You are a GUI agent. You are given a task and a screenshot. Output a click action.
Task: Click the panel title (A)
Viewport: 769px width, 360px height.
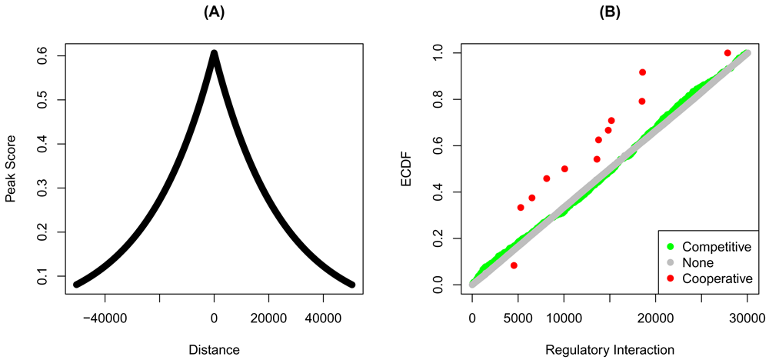pos(214,12)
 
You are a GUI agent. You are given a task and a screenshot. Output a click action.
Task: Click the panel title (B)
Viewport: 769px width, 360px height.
pos(609,12)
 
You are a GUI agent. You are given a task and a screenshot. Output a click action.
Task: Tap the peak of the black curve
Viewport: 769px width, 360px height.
pos(214,53)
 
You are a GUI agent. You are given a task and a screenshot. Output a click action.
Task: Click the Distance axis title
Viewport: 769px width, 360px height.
pos(214,349)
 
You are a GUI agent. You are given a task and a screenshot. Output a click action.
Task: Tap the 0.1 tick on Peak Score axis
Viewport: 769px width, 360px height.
pos(41,276)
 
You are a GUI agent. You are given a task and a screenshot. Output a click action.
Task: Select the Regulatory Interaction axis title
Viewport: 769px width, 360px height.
pos(609,349)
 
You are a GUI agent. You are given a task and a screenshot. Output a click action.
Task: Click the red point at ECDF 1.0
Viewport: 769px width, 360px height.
pos(727,53)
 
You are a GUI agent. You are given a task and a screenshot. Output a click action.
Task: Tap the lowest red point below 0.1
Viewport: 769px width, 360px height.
pos(514,265)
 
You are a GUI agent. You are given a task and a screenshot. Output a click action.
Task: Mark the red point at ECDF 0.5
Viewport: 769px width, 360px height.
pos(564,168)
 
